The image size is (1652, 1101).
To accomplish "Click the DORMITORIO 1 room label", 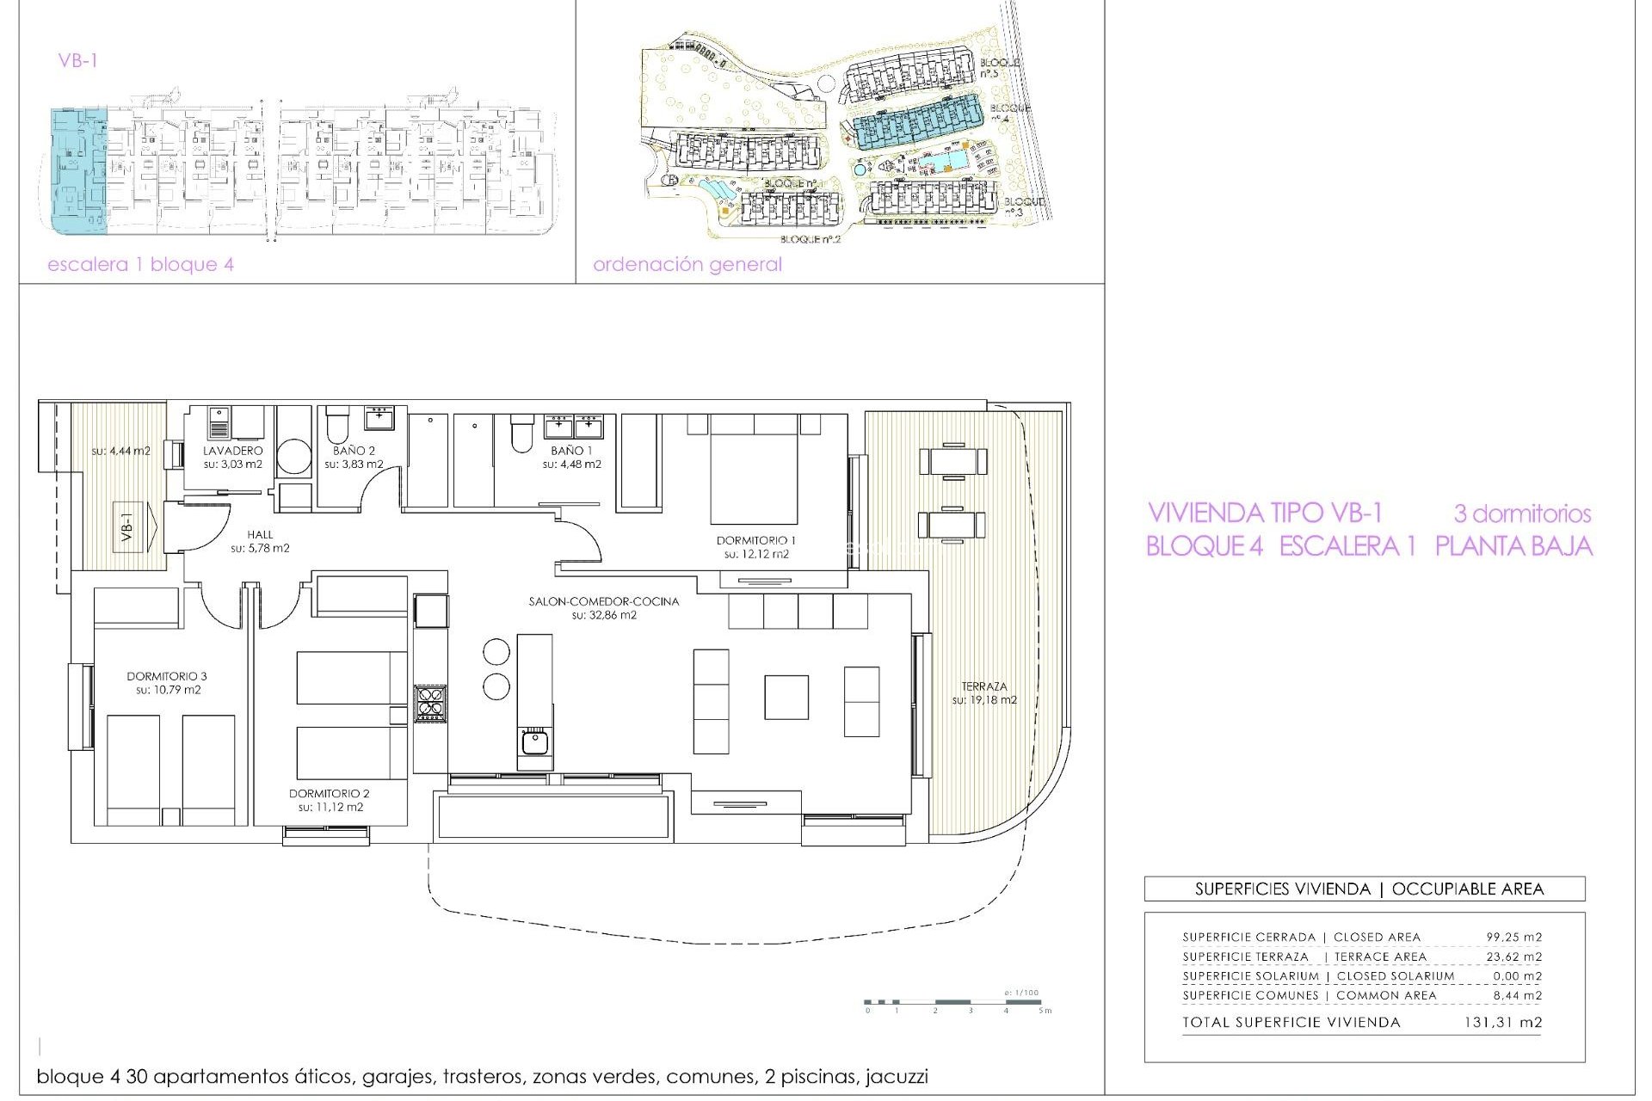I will click(x=755, y=540).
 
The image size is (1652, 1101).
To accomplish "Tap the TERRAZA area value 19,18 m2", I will click(x=983, y=700).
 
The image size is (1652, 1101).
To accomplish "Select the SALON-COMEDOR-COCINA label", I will click(x=603, y=601).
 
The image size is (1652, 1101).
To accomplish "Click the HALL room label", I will click(x=260, y=534).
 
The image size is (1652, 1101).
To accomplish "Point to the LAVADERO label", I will click(x=232, y=450).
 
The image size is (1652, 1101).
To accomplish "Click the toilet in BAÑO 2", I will click(x=336, y=423).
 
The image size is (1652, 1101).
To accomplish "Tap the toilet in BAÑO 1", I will click(x=521, y=434).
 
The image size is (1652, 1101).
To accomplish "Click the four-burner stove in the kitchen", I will click(x=430, y=702).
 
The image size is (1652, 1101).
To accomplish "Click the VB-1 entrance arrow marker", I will click(x=137, y=526).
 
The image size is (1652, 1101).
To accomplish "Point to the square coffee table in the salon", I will click(x=786, y=697).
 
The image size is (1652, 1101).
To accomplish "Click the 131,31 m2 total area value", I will click(x=1502, y=1023).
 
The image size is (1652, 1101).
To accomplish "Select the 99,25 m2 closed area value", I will click(x=1513, y=937).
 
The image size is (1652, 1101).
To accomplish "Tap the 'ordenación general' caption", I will click(x=687, y=264).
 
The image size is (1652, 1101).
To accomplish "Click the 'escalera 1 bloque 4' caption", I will click(x=140, y=264).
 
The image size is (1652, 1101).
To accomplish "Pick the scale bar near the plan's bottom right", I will click(x=955, y=1002).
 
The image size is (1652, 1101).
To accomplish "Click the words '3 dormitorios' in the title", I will click(x=1521, y=514).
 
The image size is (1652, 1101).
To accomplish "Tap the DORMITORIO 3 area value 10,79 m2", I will click(x=168, y=690).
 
